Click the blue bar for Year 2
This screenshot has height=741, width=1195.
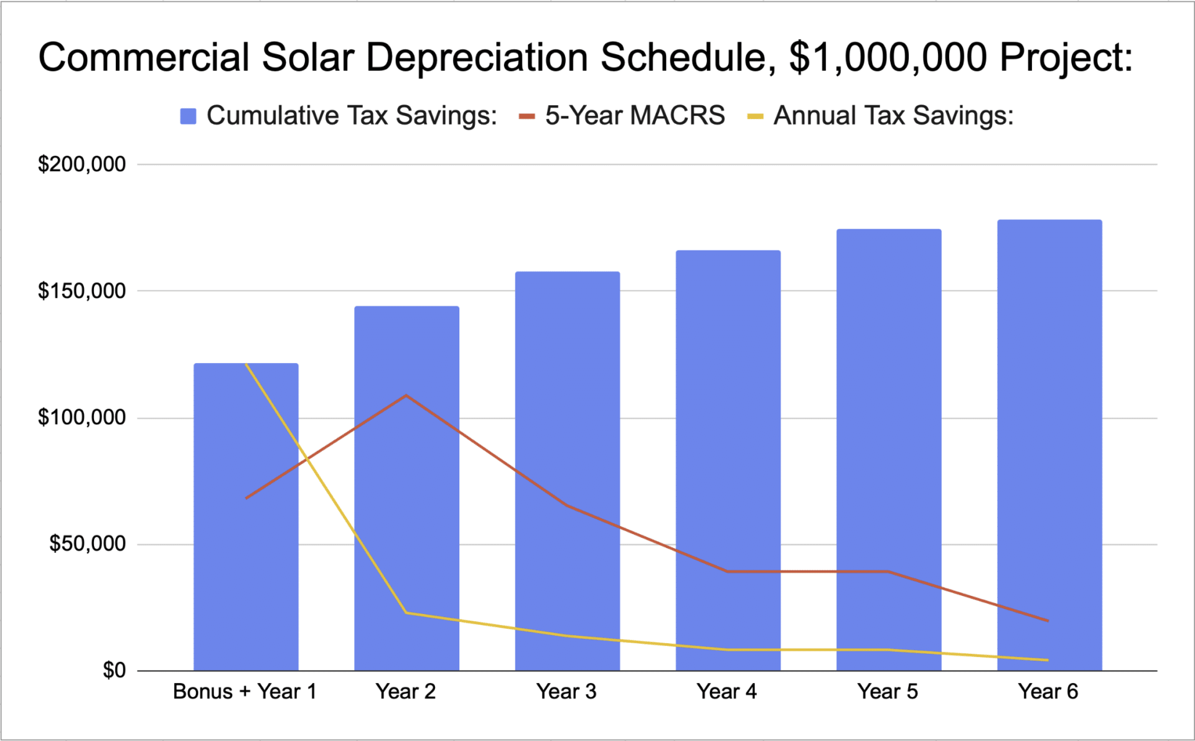[x=406, y=498]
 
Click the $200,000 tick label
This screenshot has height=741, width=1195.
[x=82, y=164]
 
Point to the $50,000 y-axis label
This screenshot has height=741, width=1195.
[x=87, y=544]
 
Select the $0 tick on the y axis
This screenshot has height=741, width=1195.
[x=114, y=671]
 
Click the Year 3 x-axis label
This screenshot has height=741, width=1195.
[x=566, y=692]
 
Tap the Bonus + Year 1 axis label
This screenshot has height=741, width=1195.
[x=245, y=692]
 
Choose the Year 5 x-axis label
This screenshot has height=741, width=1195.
[x=888, y=692]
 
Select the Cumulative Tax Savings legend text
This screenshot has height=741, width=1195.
[x=352, y=116]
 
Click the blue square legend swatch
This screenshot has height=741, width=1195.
[x=188, y=116]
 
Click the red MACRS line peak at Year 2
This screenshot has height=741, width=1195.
[x=406, y=395]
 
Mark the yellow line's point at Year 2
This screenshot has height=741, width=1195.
[x=406, y=613]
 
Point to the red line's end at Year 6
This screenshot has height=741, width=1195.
[x=1048, y=620]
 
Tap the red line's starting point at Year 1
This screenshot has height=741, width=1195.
[x=246, y=498]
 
